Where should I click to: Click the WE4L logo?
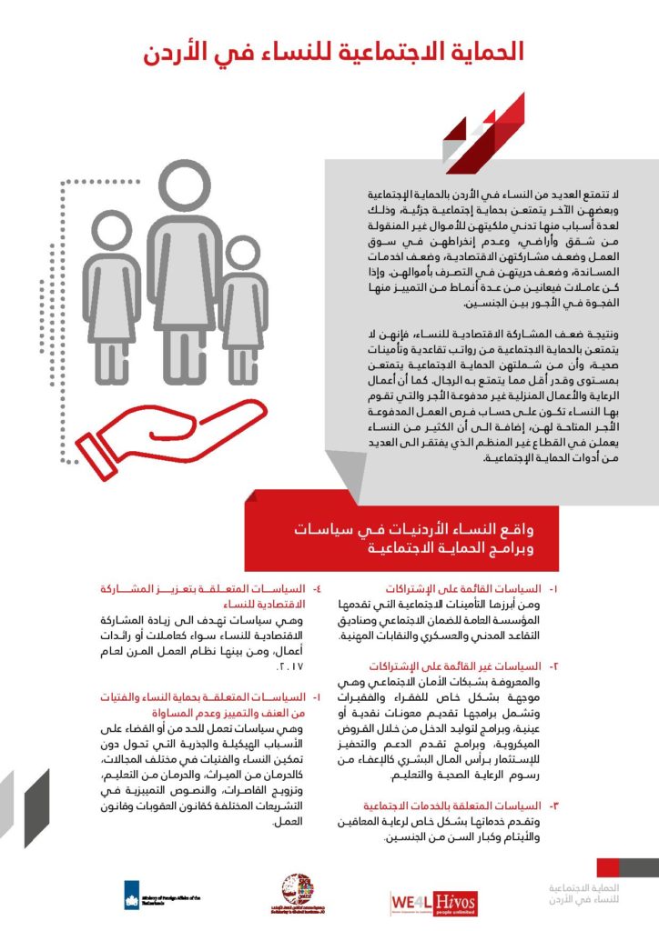[411, 901]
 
